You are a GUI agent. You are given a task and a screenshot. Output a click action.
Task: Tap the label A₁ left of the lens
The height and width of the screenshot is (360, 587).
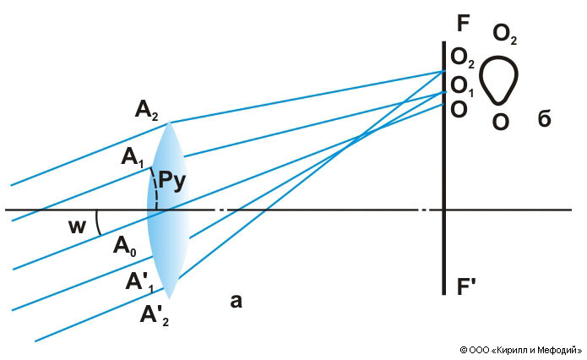point(133,156)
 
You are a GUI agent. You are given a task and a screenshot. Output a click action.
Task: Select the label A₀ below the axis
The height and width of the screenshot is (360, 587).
point(125,246)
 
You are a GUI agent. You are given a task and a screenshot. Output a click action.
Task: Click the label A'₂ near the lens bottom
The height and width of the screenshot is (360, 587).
point(155,316)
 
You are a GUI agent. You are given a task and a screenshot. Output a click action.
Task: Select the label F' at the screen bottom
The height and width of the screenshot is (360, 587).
point(466,287)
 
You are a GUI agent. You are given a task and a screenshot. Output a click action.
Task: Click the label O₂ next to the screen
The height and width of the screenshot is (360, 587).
point(462,57)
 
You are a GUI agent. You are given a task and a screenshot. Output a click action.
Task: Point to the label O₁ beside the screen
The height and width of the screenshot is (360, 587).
point(462,85)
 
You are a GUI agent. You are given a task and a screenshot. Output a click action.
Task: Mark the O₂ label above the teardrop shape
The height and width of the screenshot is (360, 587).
point(505,35)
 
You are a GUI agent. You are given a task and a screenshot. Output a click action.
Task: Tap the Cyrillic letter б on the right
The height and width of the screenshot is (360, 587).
point(544,119)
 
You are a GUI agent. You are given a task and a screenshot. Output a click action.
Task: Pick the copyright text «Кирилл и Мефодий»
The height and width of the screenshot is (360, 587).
point(521,349)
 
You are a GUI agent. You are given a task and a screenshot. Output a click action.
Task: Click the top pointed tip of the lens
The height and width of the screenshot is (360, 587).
point(171,123)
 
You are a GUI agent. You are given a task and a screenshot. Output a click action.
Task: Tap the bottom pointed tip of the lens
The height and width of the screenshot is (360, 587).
point(171,297)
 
